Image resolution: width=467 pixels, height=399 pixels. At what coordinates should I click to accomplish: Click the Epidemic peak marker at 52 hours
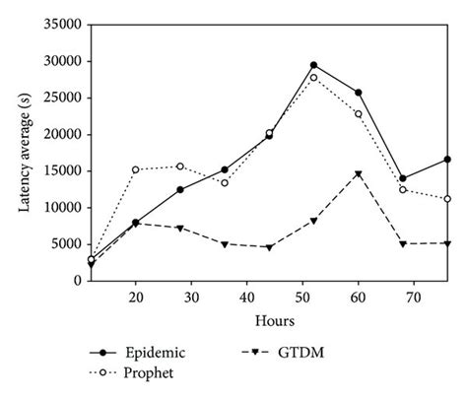[x=313, y=65]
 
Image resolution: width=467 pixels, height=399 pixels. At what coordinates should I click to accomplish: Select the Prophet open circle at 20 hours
[x=136, y=169]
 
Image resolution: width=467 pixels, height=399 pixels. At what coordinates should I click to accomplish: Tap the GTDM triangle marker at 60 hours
[x=358, y=174]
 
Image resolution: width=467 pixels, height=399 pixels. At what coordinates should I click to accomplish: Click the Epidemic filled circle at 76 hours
[x=447, y=159]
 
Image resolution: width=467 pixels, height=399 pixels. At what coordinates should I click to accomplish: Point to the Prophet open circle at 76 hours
[x=447, y=198]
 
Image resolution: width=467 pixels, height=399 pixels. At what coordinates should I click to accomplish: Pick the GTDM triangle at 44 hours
[x=269, y=247]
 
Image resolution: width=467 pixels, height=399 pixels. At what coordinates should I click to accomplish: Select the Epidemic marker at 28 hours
[x=180, y=189]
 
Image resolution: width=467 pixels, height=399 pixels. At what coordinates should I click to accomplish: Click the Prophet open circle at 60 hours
[x=358, y=113]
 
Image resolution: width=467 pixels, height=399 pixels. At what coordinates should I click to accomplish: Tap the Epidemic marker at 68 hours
[x=403, y=178]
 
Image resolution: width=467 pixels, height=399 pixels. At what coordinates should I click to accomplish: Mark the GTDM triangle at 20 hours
[x=136, y=224]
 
